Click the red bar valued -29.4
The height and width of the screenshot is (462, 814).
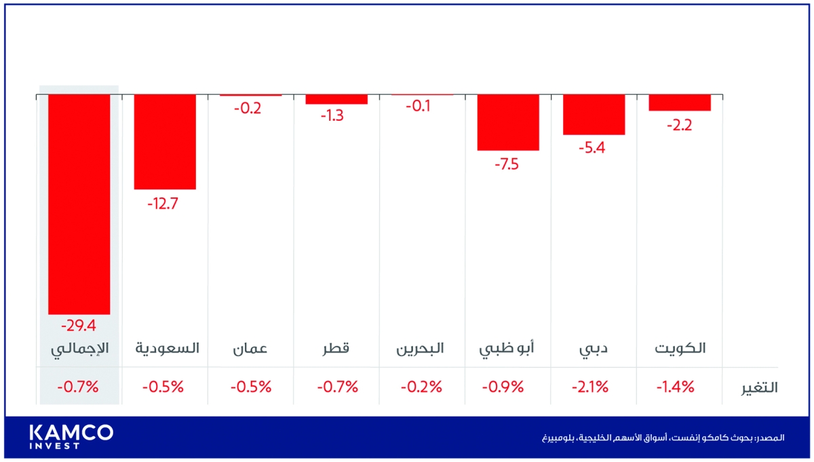79,204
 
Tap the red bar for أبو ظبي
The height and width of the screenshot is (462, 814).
508,122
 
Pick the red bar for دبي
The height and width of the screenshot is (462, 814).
594,115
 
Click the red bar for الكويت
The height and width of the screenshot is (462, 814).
680,102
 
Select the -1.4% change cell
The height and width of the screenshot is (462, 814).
676,387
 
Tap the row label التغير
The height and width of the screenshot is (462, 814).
758,388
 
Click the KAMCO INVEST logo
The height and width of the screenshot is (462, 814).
71,436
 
